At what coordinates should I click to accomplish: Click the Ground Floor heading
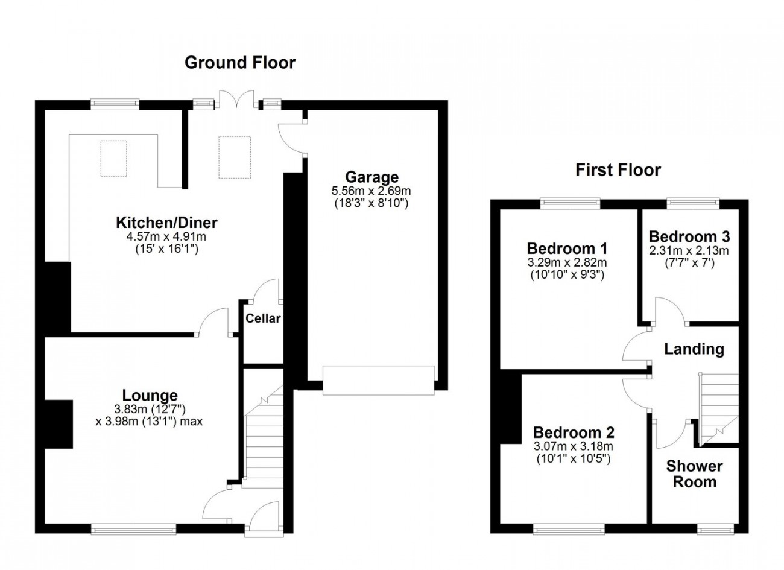(239, 62)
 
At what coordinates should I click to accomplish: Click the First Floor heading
(618, 170)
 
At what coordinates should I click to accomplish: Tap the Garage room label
(371, 177)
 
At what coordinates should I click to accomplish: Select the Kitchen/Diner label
(166, 223)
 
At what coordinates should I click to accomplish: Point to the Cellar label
(263, 318)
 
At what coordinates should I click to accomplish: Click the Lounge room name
(150, 395)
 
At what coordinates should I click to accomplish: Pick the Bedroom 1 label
(567, 248)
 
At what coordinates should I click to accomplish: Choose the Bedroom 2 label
(574, 432)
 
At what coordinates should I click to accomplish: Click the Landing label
(694, 349)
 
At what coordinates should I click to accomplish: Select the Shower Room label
(694, 473)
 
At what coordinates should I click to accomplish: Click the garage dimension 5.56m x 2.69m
(371, 191)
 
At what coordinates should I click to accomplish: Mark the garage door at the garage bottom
(378, 380)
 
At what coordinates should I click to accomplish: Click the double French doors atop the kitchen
(236, 100)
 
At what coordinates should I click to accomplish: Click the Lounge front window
(133, 529)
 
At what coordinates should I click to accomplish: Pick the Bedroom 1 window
(570, 203)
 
